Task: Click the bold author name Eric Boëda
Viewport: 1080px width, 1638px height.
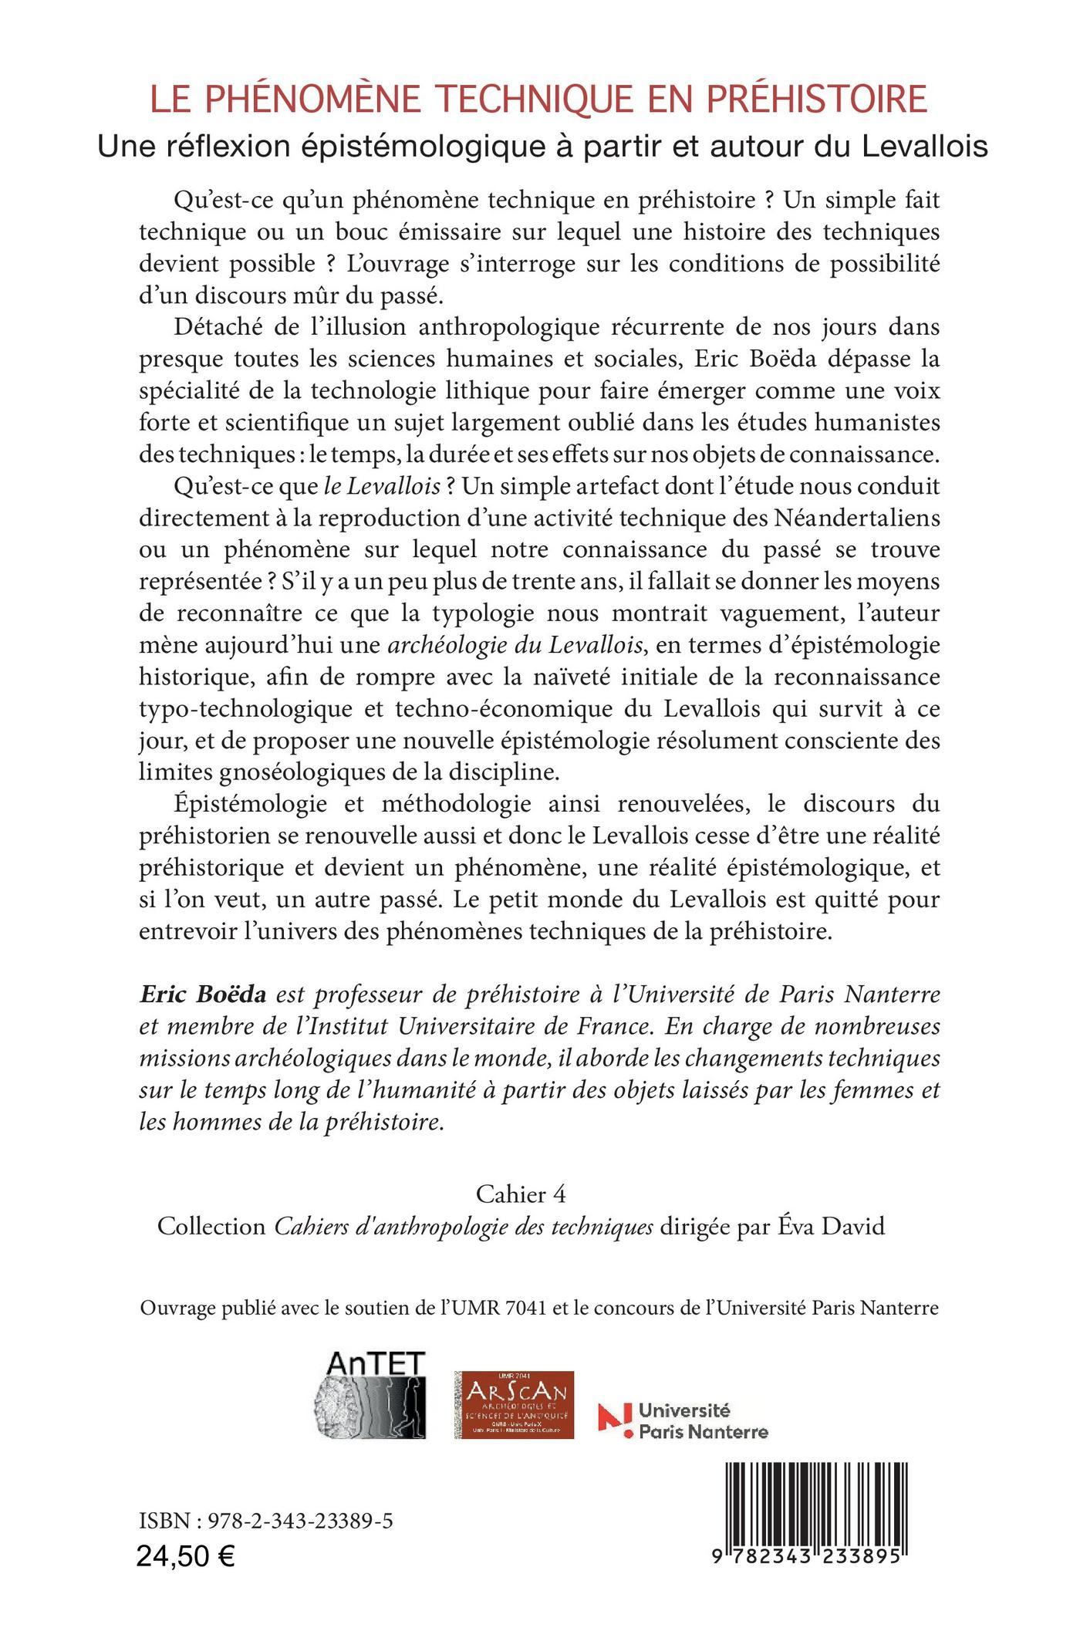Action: (202, 995)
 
